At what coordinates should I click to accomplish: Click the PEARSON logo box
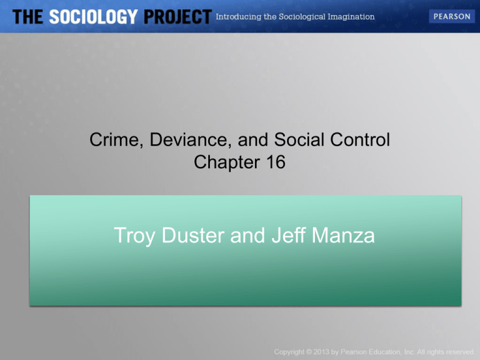(451, 16)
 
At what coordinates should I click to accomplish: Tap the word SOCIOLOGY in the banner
(93, 17)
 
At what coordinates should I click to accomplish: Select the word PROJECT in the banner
(177, 17)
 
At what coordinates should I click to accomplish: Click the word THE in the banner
(27, 17)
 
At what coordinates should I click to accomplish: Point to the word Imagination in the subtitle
(351, 17)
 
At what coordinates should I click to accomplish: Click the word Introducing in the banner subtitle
(239, 17)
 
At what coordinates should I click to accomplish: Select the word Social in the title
(299, 139)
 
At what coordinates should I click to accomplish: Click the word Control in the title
(360, 139)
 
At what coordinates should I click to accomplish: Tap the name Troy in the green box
(134, 236)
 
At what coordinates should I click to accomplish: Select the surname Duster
(193, 236)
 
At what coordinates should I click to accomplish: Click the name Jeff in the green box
(289, 235)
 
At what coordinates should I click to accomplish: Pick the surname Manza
(343, 236)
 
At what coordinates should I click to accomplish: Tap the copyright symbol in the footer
(309, 352)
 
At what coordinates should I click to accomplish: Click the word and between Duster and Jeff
(247, 236)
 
